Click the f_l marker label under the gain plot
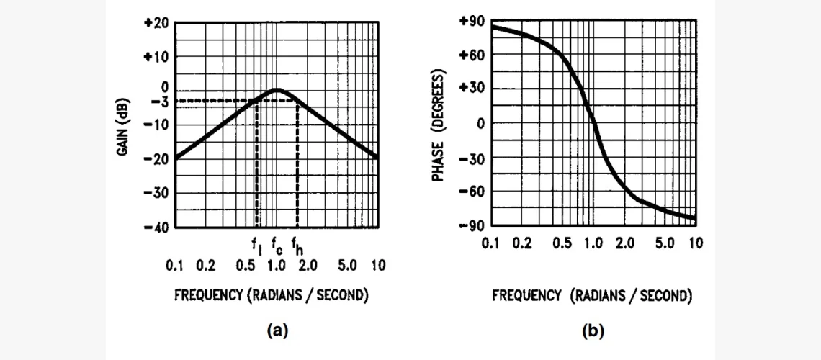257,248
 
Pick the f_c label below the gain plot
277,248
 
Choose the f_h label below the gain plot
297,248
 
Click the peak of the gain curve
277,89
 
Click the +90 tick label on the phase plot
472,22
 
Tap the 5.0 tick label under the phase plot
664,243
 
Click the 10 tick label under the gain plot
378,266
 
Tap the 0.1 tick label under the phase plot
491,243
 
